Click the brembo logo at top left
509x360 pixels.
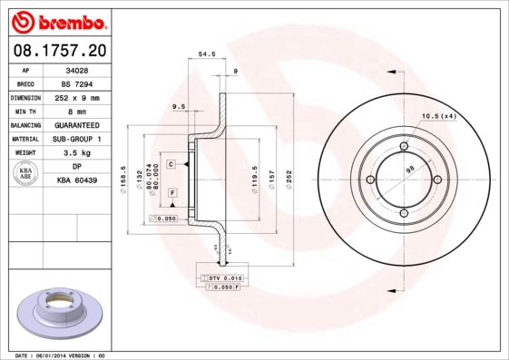(x=59, y=21)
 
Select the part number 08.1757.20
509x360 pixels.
(x=59, y=51)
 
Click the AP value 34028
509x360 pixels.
(x=77, y=69)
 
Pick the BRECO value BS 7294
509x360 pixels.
(x=77, y=83)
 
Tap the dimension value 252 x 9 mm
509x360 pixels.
(x=77, y=97)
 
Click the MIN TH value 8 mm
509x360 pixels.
(x=77, y=111)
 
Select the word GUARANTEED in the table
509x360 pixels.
(x=77, y=125)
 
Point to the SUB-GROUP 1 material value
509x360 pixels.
(x=77, y=139)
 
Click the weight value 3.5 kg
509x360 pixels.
(x=77, y=153)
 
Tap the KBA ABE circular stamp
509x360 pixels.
(x=26, y=174)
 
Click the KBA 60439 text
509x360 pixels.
(x=77, y=180)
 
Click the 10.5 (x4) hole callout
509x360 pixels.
(x=438, y=115)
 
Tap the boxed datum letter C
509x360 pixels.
(x=171, y=163)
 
